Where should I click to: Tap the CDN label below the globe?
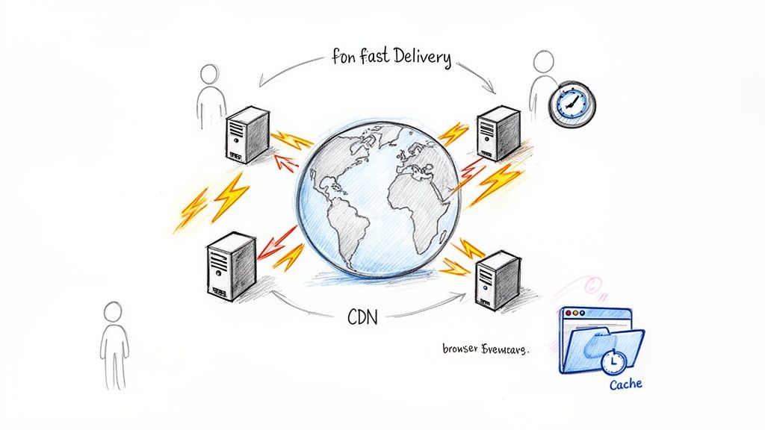coord(363,317)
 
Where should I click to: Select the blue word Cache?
coord(625,384)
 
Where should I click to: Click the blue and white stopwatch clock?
coord(572,104)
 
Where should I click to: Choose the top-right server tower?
coord(498,133)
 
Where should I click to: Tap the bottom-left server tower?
coord(231,266)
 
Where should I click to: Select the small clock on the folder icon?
coord(613,362)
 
